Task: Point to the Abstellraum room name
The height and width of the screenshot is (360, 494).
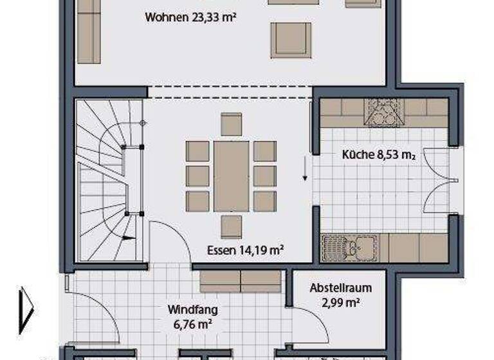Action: click(340, 288)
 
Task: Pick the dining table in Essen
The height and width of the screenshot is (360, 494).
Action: click(231, 176)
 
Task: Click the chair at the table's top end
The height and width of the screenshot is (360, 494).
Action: click(231, 123)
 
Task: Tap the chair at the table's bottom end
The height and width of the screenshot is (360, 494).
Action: click(231, 226)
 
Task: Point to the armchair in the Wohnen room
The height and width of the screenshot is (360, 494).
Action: click(291, 40)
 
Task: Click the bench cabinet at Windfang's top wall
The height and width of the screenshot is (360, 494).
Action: click(241, 281)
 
